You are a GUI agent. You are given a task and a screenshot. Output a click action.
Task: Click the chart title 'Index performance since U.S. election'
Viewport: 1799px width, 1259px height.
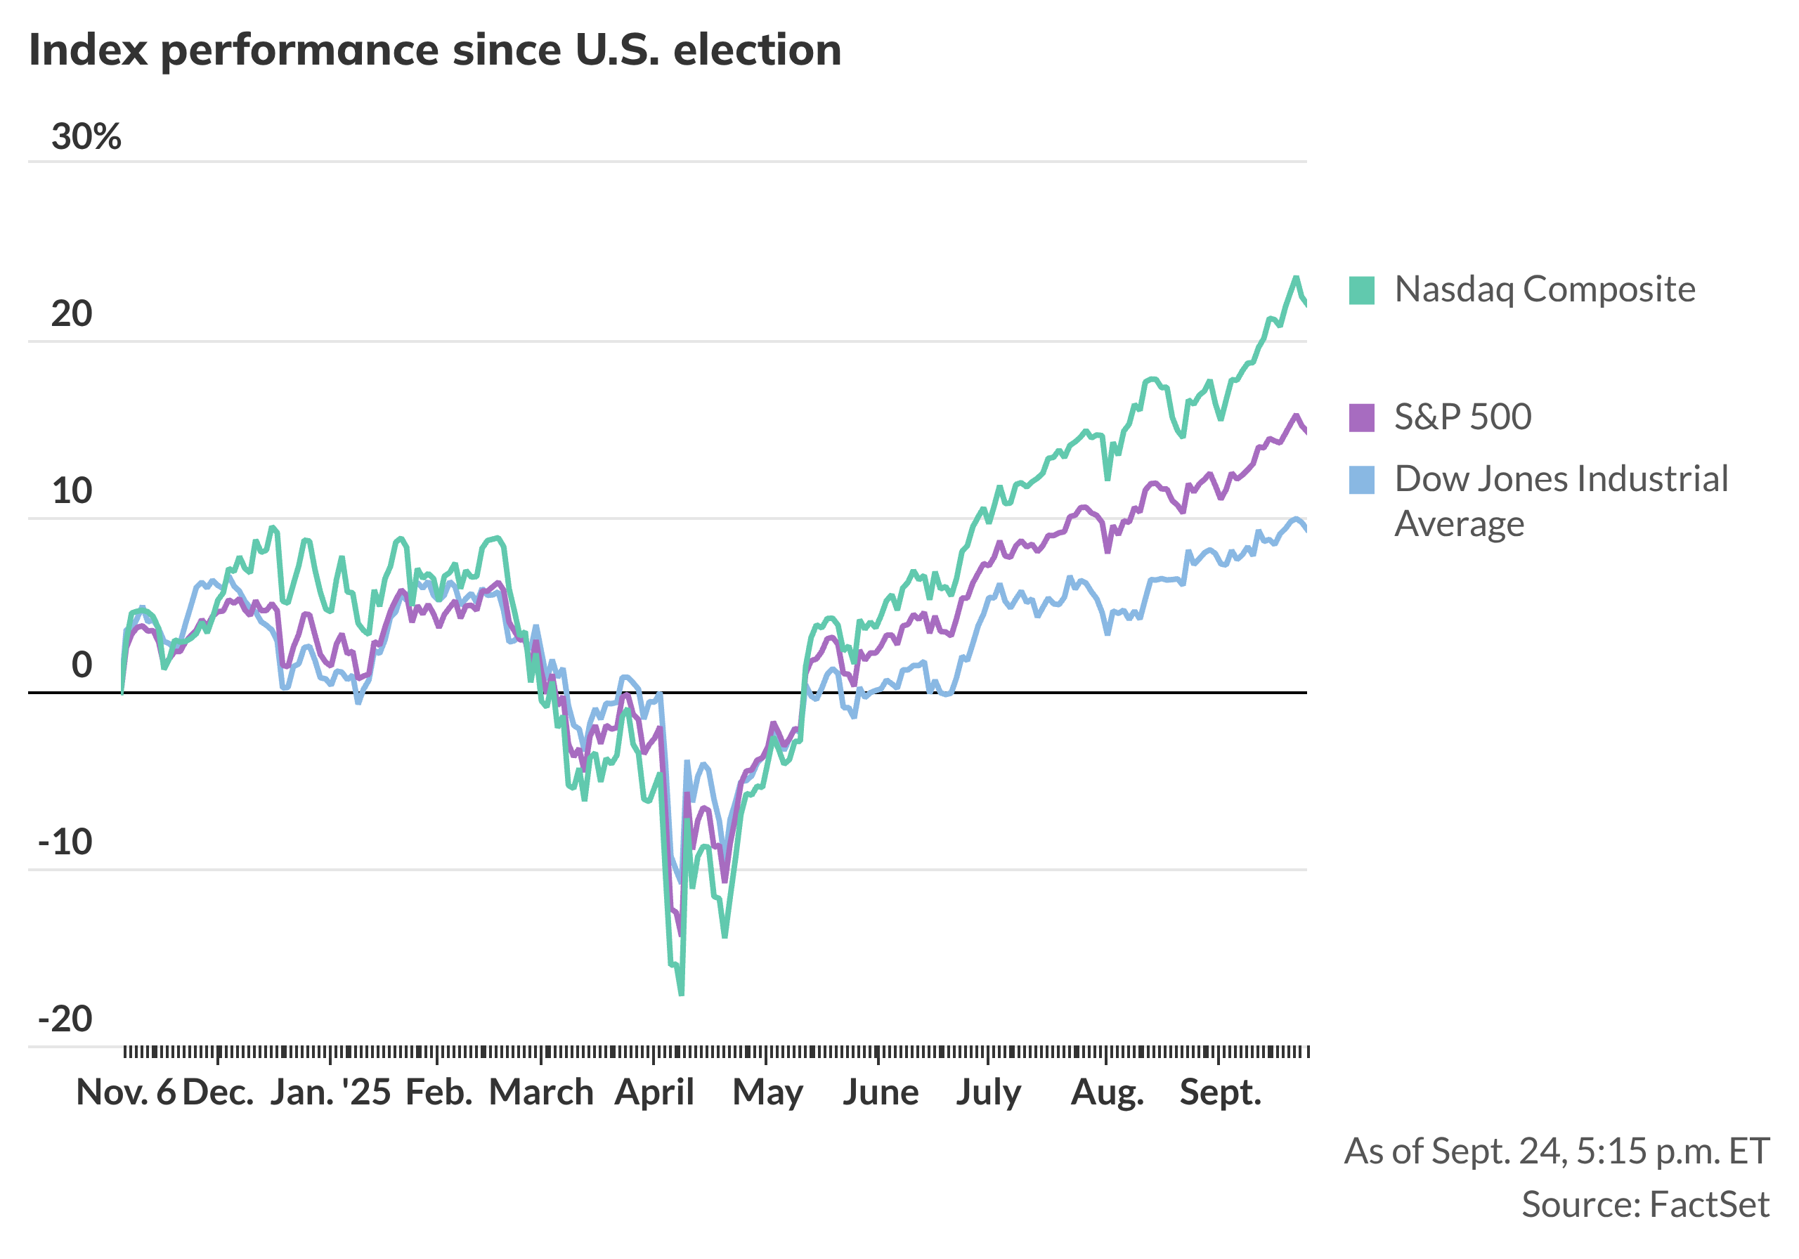435,50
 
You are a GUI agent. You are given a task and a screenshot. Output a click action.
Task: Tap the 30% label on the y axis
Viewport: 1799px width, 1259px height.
86,136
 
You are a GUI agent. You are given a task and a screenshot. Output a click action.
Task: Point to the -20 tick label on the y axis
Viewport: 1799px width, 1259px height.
66,1019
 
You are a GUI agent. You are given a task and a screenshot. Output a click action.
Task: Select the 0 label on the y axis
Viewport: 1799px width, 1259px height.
82,665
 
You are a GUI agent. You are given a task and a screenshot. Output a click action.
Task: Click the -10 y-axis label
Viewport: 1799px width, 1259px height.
66,842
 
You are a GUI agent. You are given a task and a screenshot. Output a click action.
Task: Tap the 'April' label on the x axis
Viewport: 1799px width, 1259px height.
654,1092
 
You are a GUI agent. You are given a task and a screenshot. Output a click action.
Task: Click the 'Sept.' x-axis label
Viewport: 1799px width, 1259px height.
1220,1092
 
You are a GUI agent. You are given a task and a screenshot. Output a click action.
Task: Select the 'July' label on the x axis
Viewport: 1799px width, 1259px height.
988,1092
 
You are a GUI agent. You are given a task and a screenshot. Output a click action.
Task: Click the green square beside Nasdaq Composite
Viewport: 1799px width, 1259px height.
1362,291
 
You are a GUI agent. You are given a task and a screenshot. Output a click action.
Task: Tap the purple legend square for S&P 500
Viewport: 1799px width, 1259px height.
1362,417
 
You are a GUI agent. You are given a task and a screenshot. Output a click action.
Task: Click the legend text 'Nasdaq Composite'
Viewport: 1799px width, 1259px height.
1545,290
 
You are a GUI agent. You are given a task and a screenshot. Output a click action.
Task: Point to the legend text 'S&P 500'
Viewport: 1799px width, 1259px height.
1462,417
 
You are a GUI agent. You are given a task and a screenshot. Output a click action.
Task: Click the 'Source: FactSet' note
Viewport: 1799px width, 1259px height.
1644,1204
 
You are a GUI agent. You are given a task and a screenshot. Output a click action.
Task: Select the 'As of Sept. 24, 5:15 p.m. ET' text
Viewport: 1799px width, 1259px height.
1556,1151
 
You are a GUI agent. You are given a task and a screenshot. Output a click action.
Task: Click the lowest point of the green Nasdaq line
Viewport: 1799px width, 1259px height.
681,994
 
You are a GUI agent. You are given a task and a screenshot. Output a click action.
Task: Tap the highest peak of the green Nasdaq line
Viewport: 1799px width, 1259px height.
1296,278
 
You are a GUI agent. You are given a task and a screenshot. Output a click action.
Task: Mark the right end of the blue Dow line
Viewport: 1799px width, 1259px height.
1306,530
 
